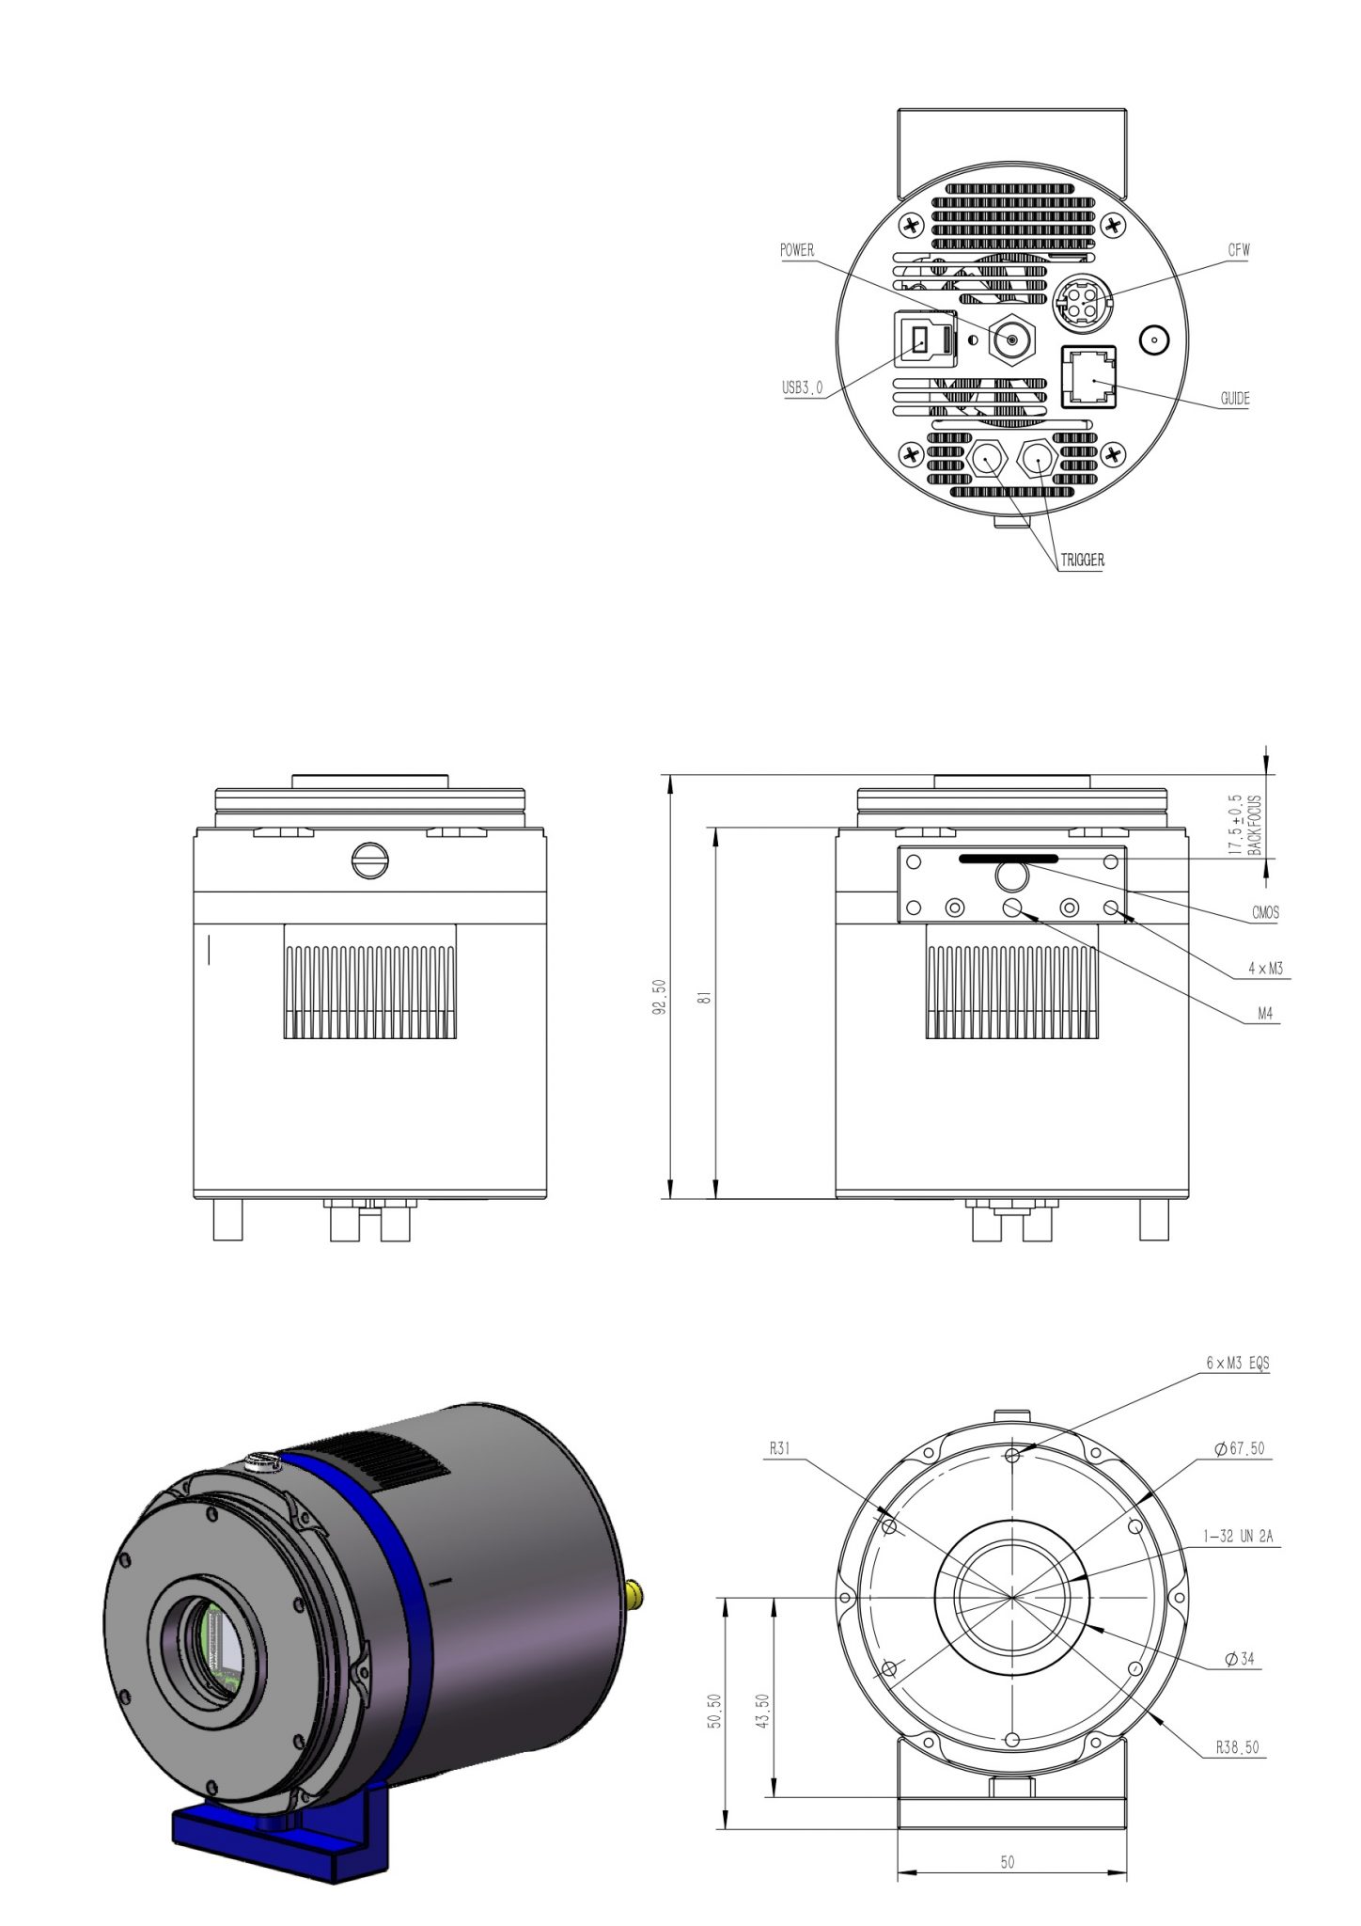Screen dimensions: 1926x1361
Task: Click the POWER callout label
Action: [797, 251]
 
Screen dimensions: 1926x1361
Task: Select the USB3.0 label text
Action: [802, 387]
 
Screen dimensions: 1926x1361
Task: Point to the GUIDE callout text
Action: [1235, 399]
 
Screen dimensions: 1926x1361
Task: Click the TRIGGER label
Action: [1082, 560]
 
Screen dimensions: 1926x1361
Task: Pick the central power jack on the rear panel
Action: [1012, 339]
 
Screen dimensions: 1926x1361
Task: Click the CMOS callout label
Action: [1265, 912]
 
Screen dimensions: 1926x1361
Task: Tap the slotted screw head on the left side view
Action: [369, 860]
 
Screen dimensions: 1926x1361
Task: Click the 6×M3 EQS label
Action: [1238, 1363]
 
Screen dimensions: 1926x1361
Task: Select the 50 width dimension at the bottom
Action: [1007, 1862]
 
